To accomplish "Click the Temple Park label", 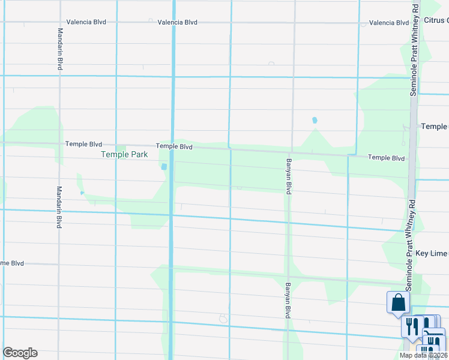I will pyautogui.click(x=124, y=154).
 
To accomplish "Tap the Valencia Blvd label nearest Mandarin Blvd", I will pyautogui.click(x=86, y=22).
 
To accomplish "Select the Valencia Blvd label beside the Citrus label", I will pyautogui.click(x=389, y=23).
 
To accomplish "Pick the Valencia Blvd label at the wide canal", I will pyautogui.click(x=178, y=22).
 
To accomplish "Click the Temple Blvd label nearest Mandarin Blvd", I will pyautogui.click(x=83, y=145).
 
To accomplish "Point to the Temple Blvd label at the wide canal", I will pyautogui.click(x=174, y=146).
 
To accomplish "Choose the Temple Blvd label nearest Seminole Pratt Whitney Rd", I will pyautogui.click(x=387, y=158).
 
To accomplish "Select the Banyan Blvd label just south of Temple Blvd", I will pyautogui.click(x=289, y=174).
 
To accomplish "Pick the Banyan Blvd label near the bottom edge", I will pyautogui.click(x=288, y=300).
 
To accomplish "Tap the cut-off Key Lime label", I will pyautogui.click(x=432, y=254).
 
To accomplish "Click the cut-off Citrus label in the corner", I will pyautogui.click(x=436, y=20).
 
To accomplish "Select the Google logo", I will pyautogui.click(x=20, y=353).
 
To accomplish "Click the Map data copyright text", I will pyautogui.click(x=424, y=355).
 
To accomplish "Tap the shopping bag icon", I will pyautogui.click(x=398, y=303).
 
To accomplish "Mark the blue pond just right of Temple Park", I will pyautogui.click(x=164, y=167).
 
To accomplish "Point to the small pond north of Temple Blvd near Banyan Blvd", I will pyautogui.click(x=315, y=120).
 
